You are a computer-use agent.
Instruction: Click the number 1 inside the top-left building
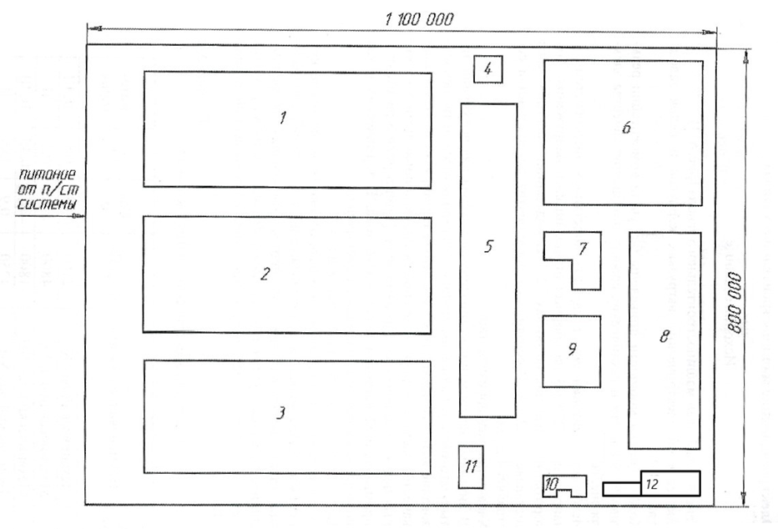tap(283, 118)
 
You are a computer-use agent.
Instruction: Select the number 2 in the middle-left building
tap(265, 275)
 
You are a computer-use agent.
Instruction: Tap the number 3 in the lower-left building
tap(281, 413)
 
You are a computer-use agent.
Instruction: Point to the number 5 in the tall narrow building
tap(489, 246)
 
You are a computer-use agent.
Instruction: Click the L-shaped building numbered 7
tap(583, 249)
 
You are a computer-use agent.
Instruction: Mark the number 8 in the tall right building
tap(664, 336)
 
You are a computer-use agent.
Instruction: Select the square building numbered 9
tap(572, 350)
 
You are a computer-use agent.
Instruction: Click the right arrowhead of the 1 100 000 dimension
tap(708, 33)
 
